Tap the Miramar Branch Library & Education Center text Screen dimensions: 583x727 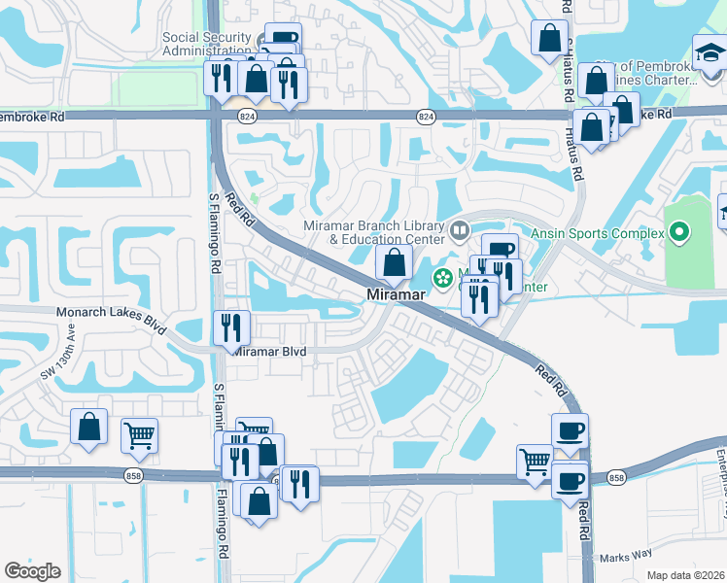pos(374,232)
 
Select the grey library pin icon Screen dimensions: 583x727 pos(459,232)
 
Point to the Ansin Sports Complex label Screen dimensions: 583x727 pos(598,233)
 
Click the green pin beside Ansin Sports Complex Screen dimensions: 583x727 pos(679,233)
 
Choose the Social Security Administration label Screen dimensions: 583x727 pos(208,44)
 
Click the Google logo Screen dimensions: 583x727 pos(32,571)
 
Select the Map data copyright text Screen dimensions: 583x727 pos(686,575)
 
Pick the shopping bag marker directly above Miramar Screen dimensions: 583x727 pos(394,262)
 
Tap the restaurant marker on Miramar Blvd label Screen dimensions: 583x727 pos(232,328)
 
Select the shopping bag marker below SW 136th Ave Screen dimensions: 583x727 pos(89,429)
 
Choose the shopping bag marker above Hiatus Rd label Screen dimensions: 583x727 pos(549,39)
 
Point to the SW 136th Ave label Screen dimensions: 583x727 pos(57,360)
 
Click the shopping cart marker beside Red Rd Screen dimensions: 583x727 pos(535,463)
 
